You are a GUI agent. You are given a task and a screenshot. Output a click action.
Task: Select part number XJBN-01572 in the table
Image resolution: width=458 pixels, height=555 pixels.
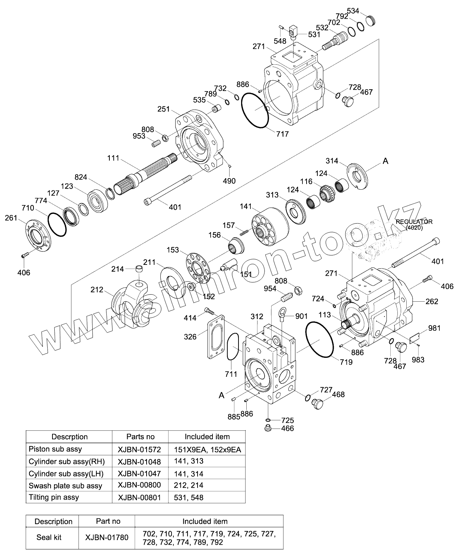tap(139, 449)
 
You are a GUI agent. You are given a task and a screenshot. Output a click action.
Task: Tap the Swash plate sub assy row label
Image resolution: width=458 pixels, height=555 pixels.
tap(65, 485)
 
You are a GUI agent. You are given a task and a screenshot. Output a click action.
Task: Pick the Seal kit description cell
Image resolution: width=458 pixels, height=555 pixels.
tap(49, 537)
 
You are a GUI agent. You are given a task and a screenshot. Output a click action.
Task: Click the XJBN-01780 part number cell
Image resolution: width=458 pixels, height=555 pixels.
tap(106, 537)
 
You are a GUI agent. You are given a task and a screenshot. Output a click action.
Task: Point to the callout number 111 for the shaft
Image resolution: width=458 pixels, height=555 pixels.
tap(113, 158)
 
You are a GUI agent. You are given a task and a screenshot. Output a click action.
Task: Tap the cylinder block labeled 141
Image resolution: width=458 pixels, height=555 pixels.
tap(270, 228)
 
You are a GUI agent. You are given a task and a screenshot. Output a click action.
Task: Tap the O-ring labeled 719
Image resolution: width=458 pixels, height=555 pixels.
tap(320, 340)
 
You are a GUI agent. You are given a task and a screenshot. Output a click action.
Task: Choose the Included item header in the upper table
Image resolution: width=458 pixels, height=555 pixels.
tap(207, 436)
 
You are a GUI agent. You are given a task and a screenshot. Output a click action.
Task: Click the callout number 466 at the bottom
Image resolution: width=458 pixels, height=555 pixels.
tap(287, 429)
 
